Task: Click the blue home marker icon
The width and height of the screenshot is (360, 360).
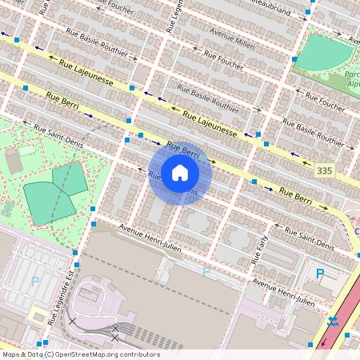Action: click(x=180, y=173)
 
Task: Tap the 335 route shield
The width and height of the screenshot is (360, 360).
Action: click(x=324, y=171)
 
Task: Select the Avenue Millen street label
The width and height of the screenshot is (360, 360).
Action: click(x=231, y=40)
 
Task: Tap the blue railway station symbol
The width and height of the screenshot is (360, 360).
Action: click(x=332, y=322)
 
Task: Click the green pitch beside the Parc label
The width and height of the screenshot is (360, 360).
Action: click(x=325, y=51)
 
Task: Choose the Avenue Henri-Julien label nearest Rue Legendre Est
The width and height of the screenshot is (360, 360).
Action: click(x=150, y=238)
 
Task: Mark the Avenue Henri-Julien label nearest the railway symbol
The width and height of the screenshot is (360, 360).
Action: click(x=283, y=293)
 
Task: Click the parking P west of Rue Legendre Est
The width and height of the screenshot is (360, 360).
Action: click(x=34, y=282)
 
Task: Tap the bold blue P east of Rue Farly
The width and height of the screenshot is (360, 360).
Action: click(x=320, y=274)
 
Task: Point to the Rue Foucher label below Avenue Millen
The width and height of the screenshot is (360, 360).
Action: click(x=222, y=62)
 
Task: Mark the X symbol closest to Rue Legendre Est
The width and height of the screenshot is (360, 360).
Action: click(x=73, y=321)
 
